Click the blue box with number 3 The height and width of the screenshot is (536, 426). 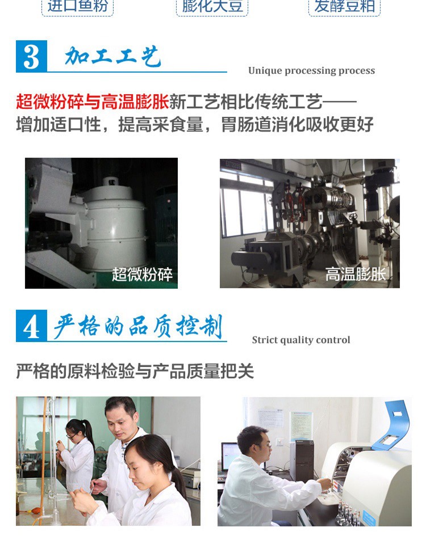click(x=31, y=56)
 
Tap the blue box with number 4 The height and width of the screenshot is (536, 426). click(x=31, y=326)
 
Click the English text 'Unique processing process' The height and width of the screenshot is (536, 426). click(x=311, y=70)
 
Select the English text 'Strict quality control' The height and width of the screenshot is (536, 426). click(x=301, y=340)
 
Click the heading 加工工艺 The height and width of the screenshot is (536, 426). click(x=112, y=56)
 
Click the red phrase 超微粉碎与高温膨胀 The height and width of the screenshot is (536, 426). click(x=93, y=102)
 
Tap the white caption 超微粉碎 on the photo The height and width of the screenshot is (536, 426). click(x=142, y=275)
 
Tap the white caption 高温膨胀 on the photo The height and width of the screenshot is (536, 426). click(x=356, y=274)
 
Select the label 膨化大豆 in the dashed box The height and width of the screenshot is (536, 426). click(x=212, y=6)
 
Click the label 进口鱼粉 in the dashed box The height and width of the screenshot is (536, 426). click(x=78, y=6)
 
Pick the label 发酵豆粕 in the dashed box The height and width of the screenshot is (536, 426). click(x=345, y=6)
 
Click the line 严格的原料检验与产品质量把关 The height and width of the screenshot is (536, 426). click(x=135, y=372)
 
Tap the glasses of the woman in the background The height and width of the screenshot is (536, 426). click(x=71, y=436)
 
